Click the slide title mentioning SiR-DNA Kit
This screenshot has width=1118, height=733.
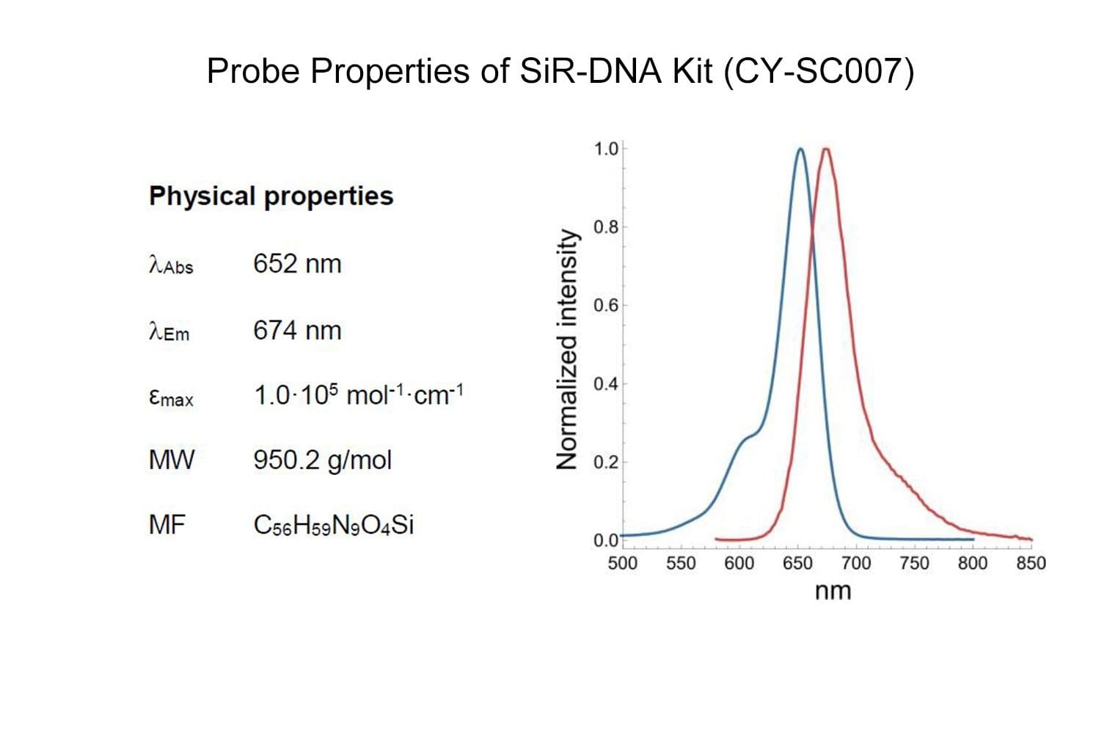coord(560,72)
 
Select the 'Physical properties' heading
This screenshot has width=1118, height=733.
coord(271,196)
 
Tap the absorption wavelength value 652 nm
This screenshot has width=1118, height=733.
coord(297,263)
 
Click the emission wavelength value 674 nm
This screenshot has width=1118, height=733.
coord(297,330)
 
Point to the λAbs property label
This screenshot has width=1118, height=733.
coord(170,265)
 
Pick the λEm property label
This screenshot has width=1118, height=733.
coord(169,332)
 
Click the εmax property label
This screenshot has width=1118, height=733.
coord(170,397)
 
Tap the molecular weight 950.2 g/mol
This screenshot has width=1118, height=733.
coord(322,460)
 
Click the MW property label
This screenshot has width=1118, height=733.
coord(171,460)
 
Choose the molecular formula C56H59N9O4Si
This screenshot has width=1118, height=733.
coord(333,525)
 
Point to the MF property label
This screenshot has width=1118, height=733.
coord(167,525)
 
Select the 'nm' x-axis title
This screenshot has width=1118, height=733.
coord(833,590)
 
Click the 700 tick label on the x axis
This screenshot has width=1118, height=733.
coord(855,563)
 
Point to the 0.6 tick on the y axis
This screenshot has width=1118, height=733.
coord(606,305)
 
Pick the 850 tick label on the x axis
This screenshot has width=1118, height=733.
coord(1030,563)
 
